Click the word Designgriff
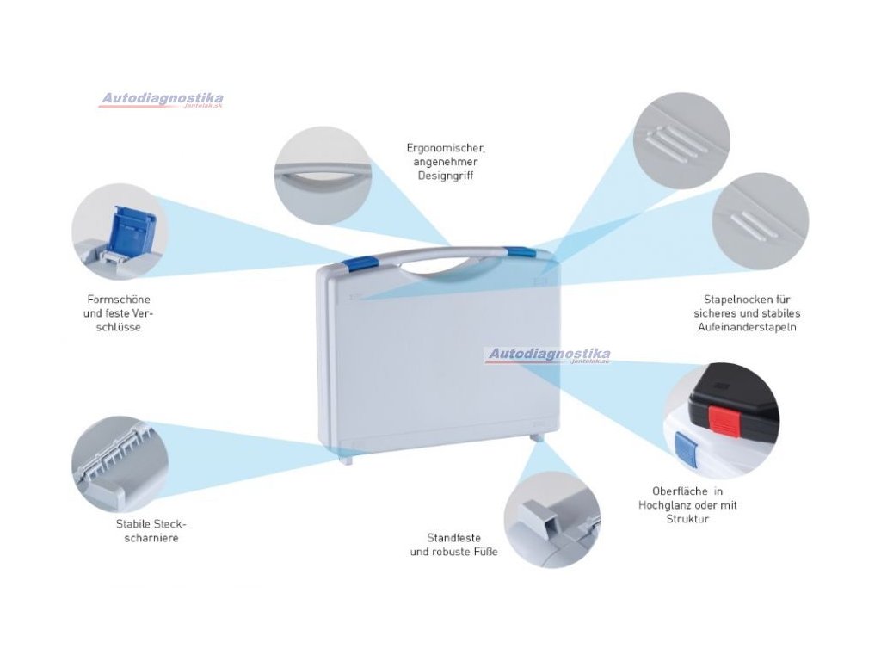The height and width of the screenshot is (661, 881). (445, 176)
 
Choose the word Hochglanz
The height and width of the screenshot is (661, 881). (666, 505)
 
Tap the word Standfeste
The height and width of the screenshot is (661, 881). (453, 537)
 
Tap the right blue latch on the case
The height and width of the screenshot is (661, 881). (520, 251)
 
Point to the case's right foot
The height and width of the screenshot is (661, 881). (538, 439)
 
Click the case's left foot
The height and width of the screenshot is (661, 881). (348, 460)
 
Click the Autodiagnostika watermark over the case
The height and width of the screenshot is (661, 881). (548, 355)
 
